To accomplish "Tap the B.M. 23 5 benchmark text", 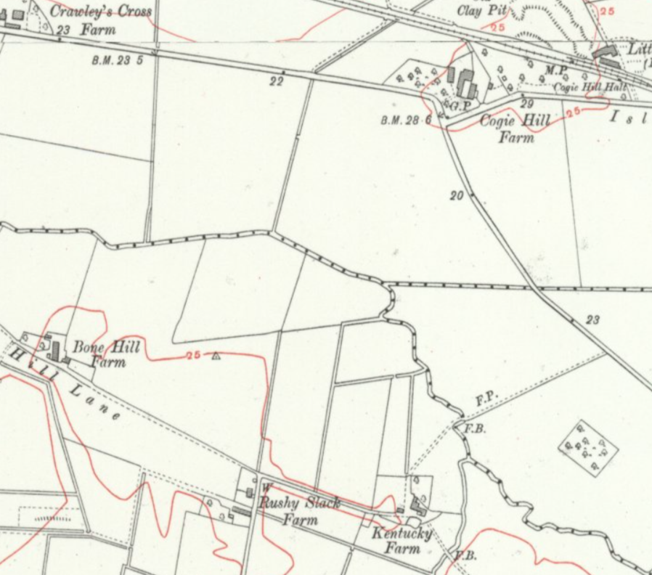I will pyautogui.click(x=117, y=60).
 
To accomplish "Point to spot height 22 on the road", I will pyautogui.click(x=276, y=82).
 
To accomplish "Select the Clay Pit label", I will pyautogui.click(x=482, y=10).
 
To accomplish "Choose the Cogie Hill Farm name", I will pyautogui.click(x=515, y=127).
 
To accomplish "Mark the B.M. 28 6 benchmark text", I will pyautogui.click(x=406, y=120).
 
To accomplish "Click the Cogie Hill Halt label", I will pyautogui.click(x=590, y=87).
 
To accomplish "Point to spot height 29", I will pyautogui.click(x=526, y=105).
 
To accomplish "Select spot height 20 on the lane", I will pyautogui.click(x=456, y=195).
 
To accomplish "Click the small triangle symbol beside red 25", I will pyautogui.click(x=216, y=356).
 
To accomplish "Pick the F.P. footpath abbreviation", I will pyautogui.click(x=486, y=399).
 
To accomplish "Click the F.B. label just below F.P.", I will pyautogui.click(x=474, y=428).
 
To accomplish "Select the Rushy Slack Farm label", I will pyautogui.click(x=300, y=511).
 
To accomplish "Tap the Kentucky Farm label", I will pyautogui.click(x=402, y=540).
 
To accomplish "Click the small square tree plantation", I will pyautogui.click(x=588, y=446).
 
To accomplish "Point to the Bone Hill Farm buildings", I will pyautogui.click(x=53, y=349).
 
